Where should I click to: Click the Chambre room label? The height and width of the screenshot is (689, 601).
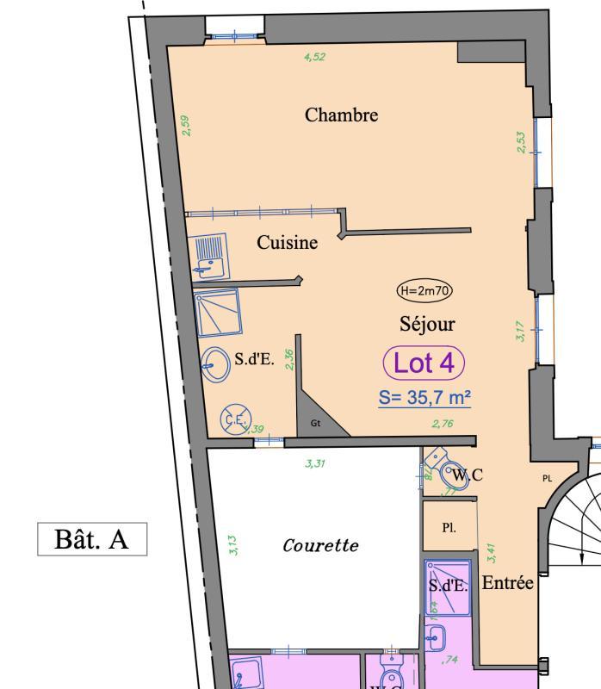[x=341, y=115]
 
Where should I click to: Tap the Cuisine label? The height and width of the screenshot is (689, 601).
[x=287, y=243]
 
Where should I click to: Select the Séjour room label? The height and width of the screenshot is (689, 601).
[x=427, y=324]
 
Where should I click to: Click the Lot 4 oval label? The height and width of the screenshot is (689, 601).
[x=424, y=363]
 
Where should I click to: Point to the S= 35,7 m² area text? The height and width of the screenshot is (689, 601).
[x=424, y=398]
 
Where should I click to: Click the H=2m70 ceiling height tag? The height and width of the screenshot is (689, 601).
[x=424, y=290]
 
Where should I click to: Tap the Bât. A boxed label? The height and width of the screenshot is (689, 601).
[x=92, y=540]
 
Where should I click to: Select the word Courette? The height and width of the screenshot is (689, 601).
[x=320, y=545]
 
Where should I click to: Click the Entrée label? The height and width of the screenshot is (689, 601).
[x=507, y=583]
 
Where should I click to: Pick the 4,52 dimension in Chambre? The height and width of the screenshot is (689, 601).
[x=315, y=58]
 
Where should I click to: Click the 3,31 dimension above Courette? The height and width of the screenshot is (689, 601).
[x=315, y=463]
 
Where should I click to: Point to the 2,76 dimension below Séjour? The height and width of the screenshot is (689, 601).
[x=442, y=423]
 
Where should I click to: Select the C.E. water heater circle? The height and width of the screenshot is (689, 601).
[x=233, y=419]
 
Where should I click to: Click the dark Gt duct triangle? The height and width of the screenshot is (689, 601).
[x=318, y=413]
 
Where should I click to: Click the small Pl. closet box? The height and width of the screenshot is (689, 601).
[x=449, y=528]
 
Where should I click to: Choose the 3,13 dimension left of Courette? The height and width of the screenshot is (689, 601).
[x=234, y=545]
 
